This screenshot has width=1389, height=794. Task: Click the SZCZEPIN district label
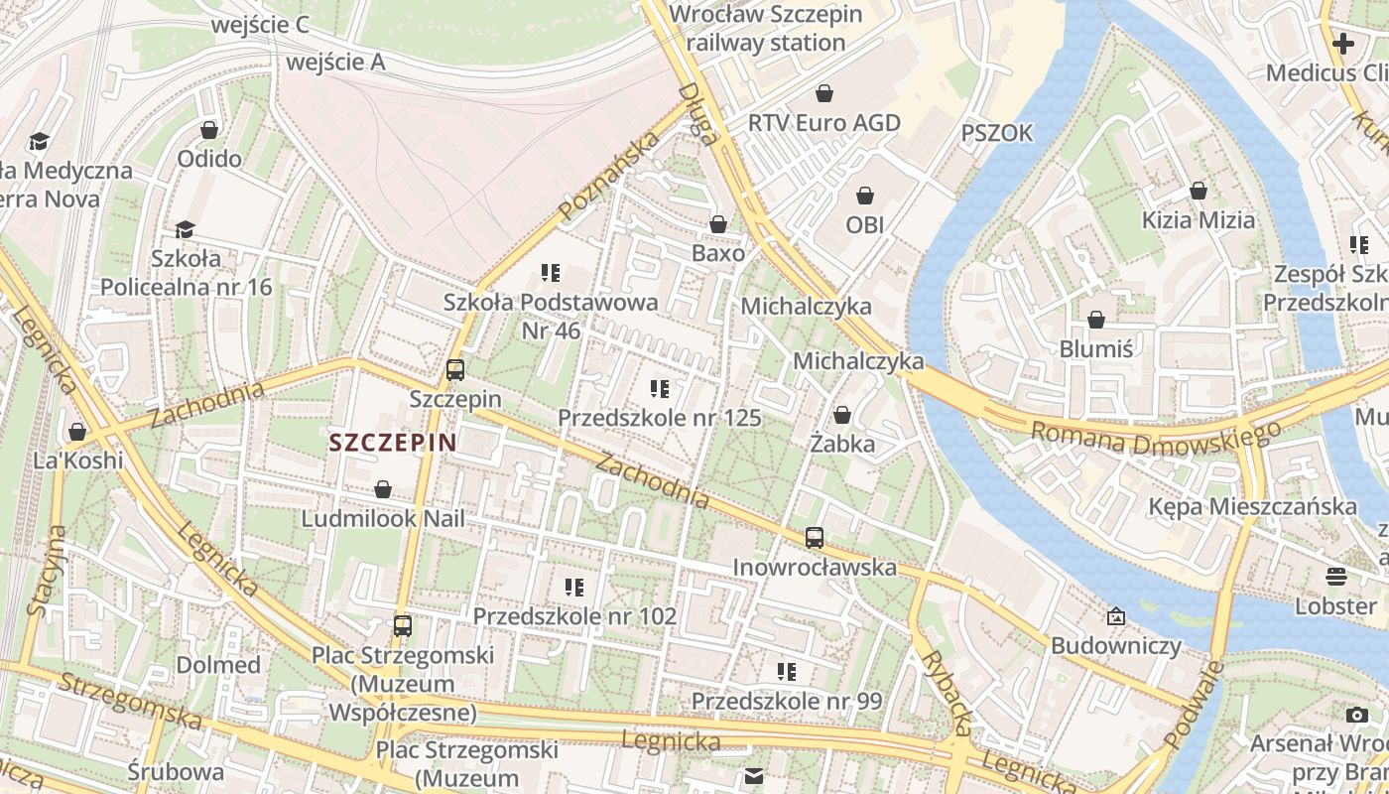coord(392,443)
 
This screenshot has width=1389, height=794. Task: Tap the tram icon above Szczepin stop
coord(455,370)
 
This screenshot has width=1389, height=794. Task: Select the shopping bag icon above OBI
coord(865,196)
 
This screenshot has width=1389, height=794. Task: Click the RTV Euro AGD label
coord(823,123)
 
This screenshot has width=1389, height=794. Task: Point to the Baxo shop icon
coord(718,225)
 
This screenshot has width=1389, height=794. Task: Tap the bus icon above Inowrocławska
coord(815,538)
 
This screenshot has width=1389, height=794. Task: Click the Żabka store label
coord(842,444)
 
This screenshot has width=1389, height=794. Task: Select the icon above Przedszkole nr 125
coord(660,389)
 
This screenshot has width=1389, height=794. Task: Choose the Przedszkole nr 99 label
coord(786,702)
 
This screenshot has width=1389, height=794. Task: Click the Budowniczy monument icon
coord(1116,617)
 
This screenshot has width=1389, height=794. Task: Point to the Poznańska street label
coord(609,177)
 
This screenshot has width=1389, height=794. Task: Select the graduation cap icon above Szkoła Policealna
coord(185,230)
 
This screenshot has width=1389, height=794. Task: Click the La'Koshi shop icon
coord(77,432)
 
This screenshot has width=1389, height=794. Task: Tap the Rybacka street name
coord(946,694)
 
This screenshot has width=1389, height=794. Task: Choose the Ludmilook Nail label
coord(383,519)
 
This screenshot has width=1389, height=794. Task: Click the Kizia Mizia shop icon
coord(1199,191)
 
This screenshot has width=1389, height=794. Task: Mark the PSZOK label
coord(996,133)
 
